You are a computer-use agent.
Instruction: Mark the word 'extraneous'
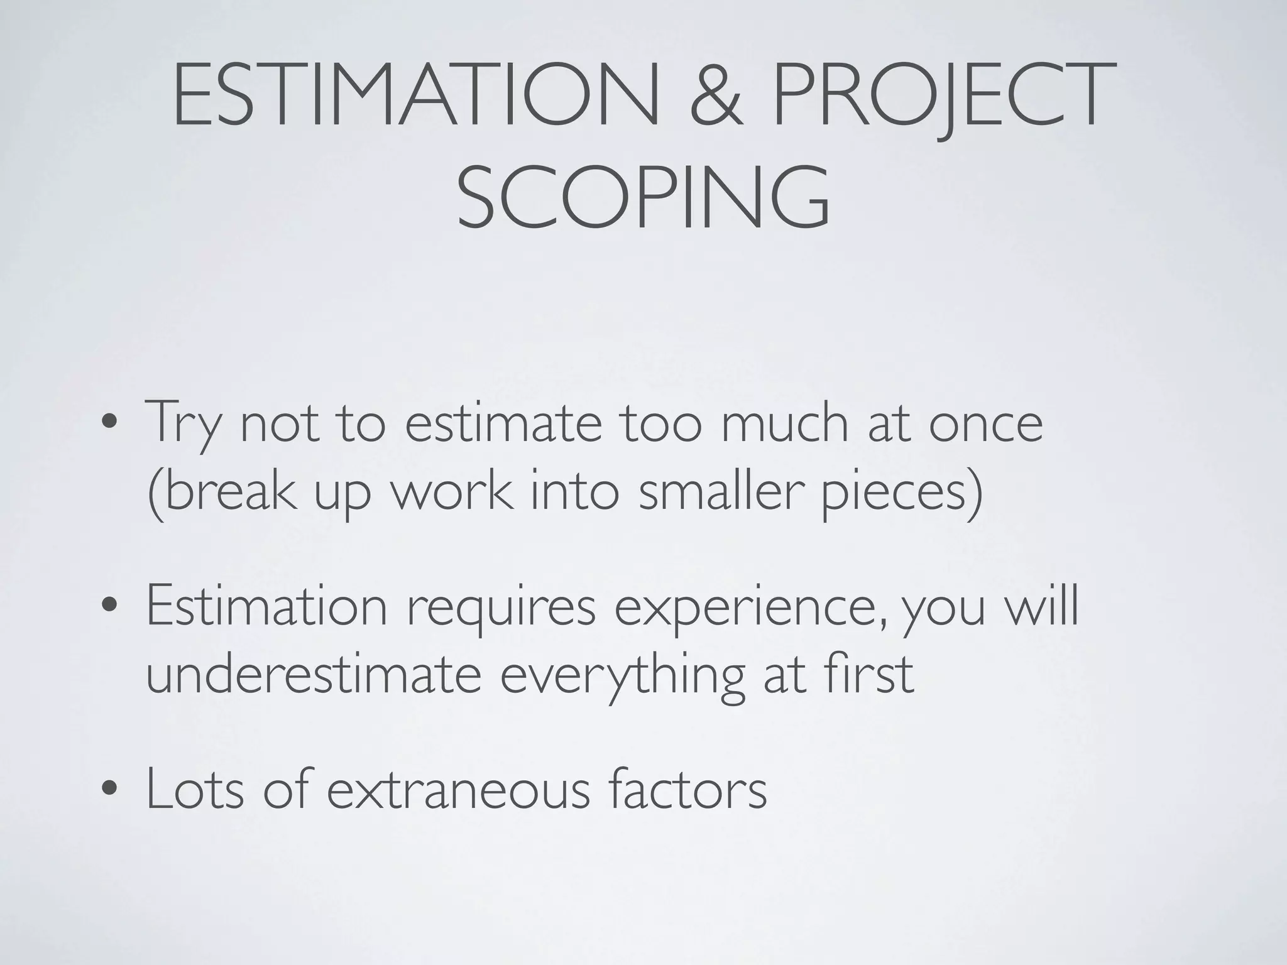coord(458,789)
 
